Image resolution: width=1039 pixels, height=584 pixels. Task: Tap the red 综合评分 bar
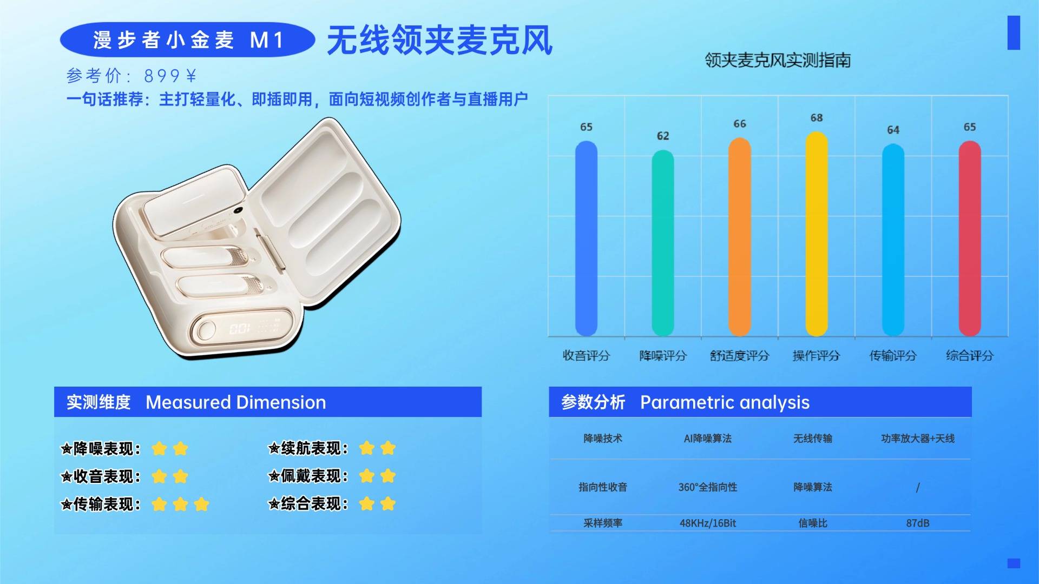pyautogui.click(x=969, y=238)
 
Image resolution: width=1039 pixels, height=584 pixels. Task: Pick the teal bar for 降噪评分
pyautogui.click(x=662, y=243)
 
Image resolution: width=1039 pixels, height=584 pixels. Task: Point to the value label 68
pyautogui.click(x=817, y=118)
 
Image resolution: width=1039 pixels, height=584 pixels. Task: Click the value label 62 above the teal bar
pyautogui.click(x=663, y=136)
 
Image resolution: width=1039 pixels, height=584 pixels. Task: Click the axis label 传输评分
pyautogui.click(x=893, y=356)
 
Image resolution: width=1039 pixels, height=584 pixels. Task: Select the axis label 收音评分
pyautogui.click(x=586, y=356)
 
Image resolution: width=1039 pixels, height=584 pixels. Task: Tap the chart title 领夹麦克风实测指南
pyautogui.click(x=778, y=60)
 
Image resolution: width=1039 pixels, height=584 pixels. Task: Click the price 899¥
pyautogui.click(x=170, y=76)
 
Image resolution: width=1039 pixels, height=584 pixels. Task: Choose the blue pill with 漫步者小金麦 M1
pyautogui.click(x=187, y=40)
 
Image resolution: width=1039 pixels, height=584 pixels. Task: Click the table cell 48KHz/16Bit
pyautogui.click(x=708, y=523)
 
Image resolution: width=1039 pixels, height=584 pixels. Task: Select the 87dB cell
pyautogui.click(x=918, y=523)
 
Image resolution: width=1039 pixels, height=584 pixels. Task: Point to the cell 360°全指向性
pyautogui.click(x=708, y=487)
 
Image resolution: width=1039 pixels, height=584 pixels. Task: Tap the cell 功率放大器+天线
pyautogui.click(x=918, y=439)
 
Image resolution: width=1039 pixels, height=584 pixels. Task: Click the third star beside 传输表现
pyautogui.click(x=201, y=505)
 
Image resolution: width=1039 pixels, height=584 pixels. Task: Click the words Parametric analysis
pyautogui.click(x=725, y=402)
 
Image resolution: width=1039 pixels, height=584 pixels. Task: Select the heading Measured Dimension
pyautogui.click(x=236, y=402)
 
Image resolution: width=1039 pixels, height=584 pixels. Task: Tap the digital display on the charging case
pyautogui.click(x=240, y=328)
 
